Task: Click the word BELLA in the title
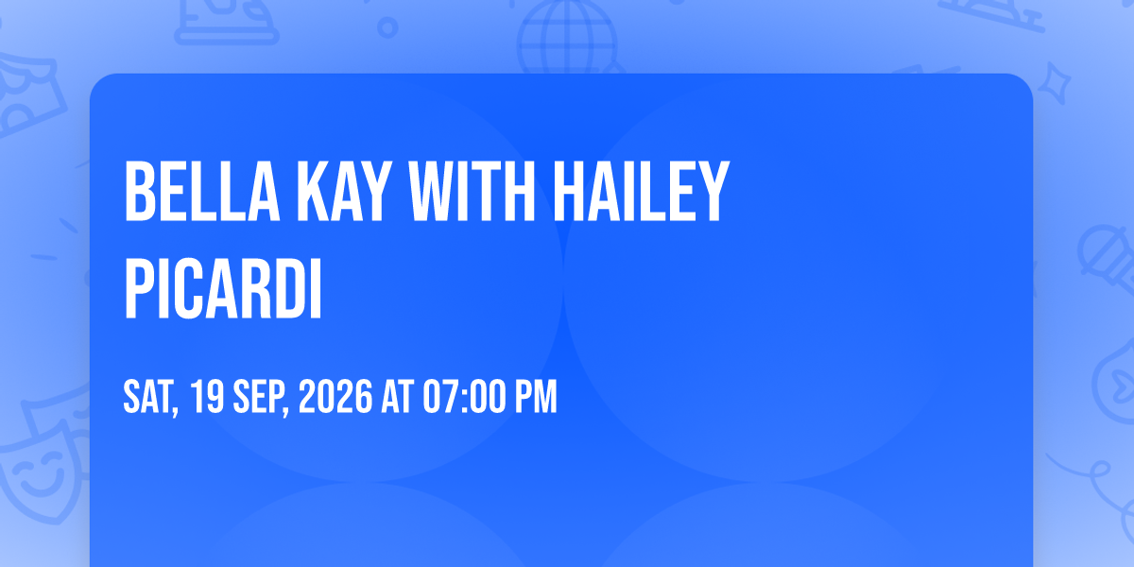point(202,191)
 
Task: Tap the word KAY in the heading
point(345,191)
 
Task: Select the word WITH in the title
point(472,191)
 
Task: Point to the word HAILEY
point(642,191)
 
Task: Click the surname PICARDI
point(223,288)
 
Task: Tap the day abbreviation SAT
point(151,398)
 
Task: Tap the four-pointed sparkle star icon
point(1054,83)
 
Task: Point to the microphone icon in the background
point(1105,258)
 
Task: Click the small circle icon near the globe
point(387,27)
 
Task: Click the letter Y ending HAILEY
point(713,191)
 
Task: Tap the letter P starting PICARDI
point(139,288)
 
